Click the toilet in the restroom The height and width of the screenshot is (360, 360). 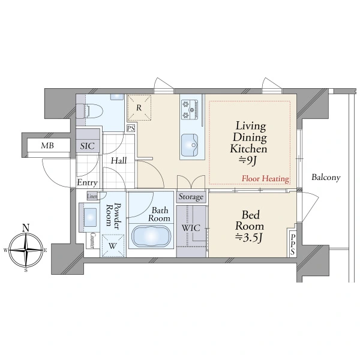(x=89, y=111)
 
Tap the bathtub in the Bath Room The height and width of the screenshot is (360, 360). (x=151, y=236)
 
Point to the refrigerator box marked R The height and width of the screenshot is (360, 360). (x=139, y=107)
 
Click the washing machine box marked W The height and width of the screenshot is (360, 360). (x=113, y=245)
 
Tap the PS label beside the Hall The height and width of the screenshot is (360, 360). (x=131, y=128)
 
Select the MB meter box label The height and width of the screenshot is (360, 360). (x=47, y=145)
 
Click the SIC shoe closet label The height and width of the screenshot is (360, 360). (x=87, y=146)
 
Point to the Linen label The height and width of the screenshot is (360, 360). (x=92, y=196)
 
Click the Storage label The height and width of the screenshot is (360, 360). (x=191, y=197)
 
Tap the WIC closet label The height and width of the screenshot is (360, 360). (x=191, y=228)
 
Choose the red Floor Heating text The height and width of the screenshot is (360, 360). (x=265, y=178)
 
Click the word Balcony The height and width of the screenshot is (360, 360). (x=326, y=177)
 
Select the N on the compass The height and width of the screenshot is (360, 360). (x=26, y=228)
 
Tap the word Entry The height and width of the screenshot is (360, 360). (x=87, y=182)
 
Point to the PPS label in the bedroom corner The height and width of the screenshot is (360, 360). (x=293, y=245)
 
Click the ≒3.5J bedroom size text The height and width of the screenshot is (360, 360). (x=248, y=238)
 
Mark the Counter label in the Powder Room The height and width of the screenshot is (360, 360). (x=92, y=240)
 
